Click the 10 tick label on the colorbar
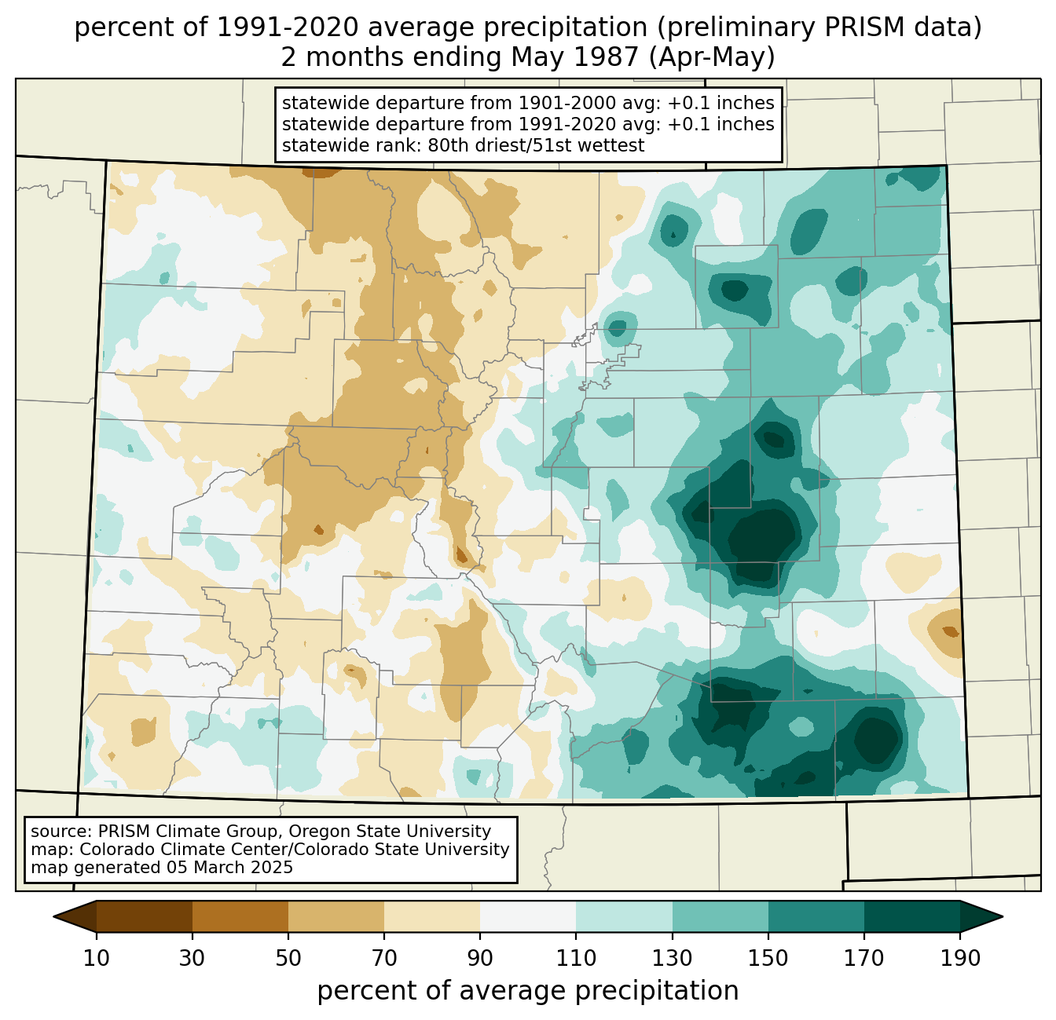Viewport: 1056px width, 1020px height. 97,959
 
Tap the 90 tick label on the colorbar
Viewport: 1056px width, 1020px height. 480,959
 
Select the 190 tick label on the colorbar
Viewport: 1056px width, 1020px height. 960,959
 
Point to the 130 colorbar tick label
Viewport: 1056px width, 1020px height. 672,959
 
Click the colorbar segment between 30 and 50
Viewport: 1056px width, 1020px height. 240,916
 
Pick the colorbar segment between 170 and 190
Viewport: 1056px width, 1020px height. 911,916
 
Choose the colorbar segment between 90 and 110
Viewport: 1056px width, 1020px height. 528,916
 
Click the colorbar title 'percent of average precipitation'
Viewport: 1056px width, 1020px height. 528,991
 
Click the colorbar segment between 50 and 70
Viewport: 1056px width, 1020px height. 336,916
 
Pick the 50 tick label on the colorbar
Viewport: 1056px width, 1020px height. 288,959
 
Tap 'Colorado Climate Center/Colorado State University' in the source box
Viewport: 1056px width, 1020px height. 295,850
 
